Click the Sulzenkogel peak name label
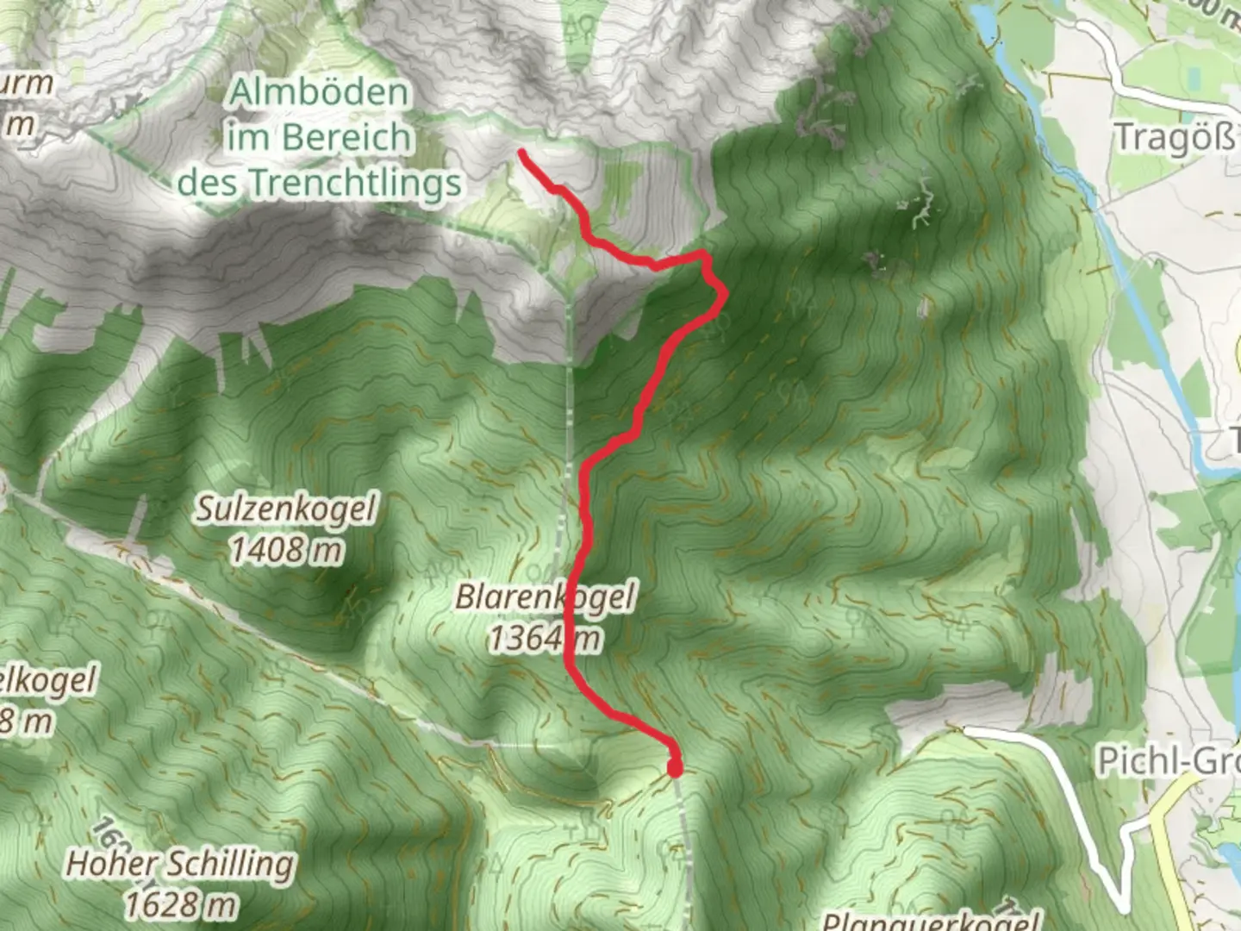click(285, 509)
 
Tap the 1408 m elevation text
click(285, 549)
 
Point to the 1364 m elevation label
click(545, 639)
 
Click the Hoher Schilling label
click(180, 864)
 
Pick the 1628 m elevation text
click(180, 904)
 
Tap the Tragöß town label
click(1175, 138)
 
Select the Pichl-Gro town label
click(1168, 761)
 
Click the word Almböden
click(319, 93)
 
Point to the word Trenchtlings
click(355, 183)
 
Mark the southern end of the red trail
click(675, 767)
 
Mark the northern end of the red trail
click(522, 153)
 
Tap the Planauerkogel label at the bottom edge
click(931, 921)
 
